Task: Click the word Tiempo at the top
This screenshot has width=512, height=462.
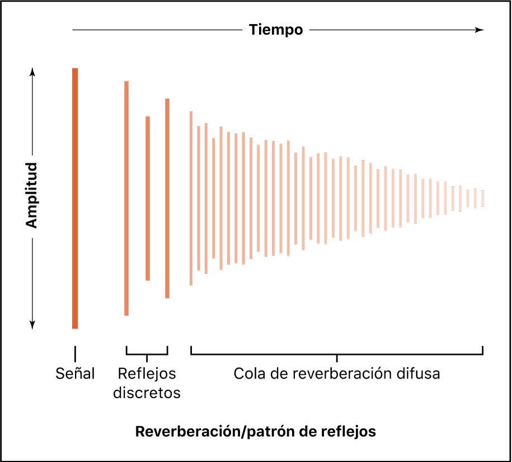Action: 276,30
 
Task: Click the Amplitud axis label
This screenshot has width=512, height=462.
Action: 32,195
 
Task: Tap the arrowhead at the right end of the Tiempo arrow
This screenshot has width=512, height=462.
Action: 479,30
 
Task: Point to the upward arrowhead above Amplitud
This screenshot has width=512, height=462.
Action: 32,71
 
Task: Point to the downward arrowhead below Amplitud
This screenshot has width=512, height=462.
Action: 32,324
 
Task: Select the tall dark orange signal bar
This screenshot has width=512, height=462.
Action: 75,198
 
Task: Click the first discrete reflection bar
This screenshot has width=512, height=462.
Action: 126,198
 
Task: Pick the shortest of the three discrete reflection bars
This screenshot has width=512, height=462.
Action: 148,198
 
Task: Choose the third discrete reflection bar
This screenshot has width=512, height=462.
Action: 167,198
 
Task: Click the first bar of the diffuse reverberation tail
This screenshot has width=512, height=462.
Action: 191,198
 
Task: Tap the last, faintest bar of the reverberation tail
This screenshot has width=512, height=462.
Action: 482,198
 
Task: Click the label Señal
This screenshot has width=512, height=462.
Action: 76,374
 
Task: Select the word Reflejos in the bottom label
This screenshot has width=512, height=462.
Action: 147,374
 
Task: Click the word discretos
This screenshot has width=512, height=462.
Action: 147,393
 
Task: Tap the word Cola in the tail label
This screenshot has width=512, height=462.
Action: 247,374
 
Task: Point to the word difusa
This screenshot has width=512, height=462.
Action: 419,374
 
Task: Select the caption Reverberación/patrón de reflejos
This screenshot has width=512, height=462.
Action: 256,432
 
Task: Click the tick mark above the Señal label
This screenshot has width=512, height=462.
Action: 75,353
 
